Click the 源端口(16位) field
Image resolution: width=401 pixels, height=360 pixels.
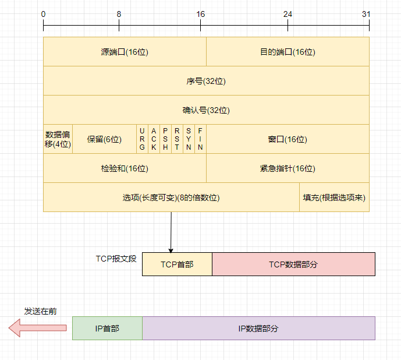click(125, 52)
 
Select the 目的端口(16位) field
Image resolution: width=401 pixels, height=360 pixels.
click(288, 52)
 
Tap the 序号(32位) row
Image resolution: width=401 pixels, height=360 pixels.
click(206, 81)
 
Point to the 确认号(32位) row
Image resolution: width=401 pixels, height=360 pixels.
click(206, 110)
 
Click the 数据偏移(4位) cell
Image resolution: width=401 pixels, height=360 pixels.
click(58, 139)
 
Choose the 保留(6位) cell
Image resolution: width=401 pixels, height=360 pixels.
click(104, 139)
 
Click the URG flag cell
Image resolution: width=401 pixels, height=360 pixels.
click(142, 139)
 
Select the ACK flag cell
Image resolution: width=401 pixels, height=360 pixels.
click(154, 139)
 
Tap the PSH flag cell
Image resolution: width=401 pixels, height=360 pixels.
click(165, 139)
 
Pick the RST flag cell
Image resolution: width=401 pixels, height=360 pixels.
click(177, 139)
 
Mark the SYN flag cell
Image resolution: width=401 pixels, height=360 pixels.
click(189, 139)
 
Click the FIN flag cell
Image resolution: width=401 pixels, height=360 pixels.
click(200, 139)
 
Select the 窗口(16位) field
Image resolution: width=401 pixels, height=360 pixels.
click(288, 139)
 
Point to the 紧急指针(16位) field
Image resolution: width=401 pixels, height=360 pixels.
click(288, 168)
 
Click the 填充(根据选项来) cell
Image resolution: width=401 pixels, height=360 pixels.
click(334, 197)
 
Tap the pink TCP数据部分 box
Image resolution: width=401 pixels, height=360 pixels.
click(293, 264)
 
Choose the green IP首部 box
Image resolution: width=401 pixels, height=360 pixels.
click(107, 328)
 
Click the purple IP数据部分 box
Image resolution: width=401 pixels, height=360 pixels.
click(258, 328)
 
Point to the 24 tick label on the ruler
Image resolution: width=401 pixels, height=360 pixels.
click(288, 13)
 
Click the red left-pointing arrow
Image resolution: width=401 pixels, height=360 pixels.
click(37, 329)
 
